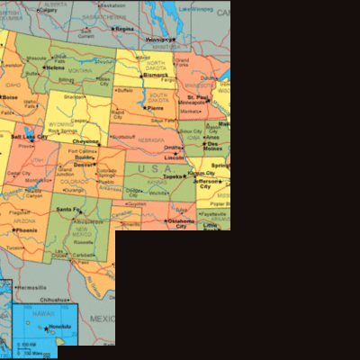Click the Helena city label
[56, 67]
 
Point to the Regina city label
[124, 29]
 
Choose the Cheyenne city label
[86, 141]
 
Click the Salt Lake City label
[29, 137]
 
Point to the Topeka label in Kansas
[173, 177]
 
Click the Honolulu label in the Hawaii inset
[59, 326]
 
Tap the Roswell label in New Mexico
[82, 240]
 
